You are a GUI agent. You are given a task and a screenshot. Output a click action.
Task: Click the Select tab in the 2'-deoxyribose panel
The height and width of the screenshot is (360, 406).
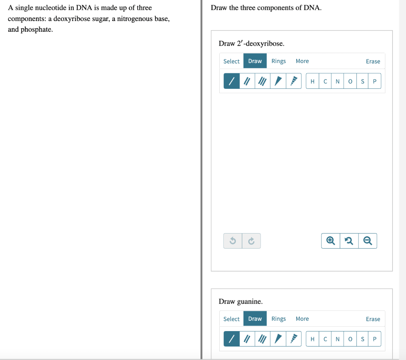231,61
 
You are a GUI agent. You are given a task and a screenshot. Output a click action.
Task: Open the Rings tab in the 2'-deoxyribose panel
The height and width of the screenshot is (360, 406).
278,61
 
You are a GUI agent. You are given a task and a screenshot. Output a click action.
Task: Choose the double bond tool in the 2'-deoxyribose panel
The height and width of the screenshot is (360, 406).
247,81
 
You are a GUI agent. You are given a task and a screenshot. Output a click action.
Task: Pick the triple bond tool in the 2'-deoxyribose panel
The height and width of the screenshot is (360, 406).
262,81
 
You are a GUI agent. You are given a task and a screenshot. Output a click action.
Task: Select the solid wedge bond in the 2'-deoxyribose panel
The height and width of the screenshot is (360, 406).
278,81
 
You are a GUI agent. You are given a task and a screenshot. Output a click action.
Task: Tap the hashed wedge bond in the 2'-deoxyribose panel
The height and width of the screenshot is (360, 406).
293,81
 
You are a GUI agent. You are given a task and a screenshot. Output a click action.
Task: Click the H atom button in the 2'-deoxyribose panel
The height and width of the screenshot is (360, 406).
312,82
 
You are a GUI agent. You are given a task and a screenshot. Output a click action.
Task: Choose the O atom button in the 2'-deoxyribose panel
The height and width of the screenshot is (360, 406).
350,82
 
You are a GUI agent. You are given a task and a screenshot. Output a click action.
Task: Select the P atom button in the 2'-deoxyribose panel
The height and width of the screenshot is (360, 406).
375,82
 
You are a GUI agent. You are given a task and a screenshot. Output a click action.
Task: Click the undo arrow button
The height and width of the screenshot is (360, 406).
233,241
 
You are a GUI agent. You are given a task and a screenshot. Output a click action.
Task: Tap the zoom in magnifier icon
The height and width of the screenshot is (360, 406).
330,241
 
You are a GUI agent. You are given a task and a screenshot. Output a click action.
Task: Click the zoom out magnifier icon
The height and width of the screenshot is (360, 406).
368,241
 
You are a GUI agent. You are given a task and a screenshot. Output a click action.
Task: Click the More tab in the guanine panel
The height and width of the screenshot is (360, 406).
302,319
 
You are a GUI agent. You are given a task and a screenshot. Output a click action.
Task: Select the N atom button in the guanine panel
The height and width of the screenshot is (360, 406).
337,339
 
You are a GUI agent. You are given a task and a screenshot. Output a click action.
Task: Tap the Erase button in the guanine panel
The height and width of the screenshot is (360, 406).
373,319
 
